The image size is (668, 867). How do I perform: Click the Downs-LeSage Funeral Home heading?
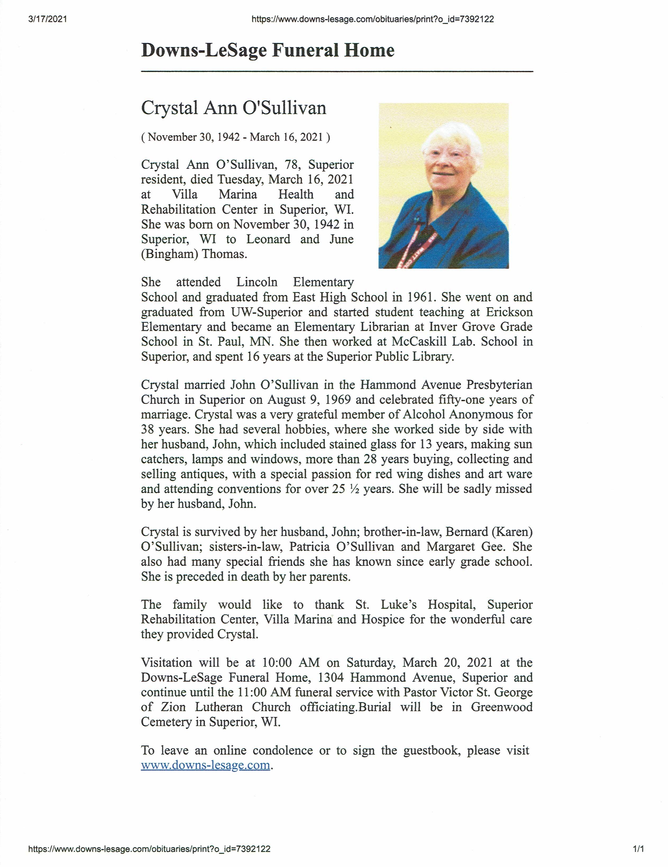[268, 50]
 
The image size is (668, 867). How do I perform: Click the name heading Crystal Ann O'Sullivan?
[234, 108]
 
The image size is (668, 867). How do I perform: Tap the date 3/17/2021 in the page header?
[48, 19]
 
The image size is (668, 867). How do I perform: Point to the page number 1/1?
[638, 849]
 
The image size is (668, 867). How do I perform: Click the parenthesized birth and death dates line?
[236, 137]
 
